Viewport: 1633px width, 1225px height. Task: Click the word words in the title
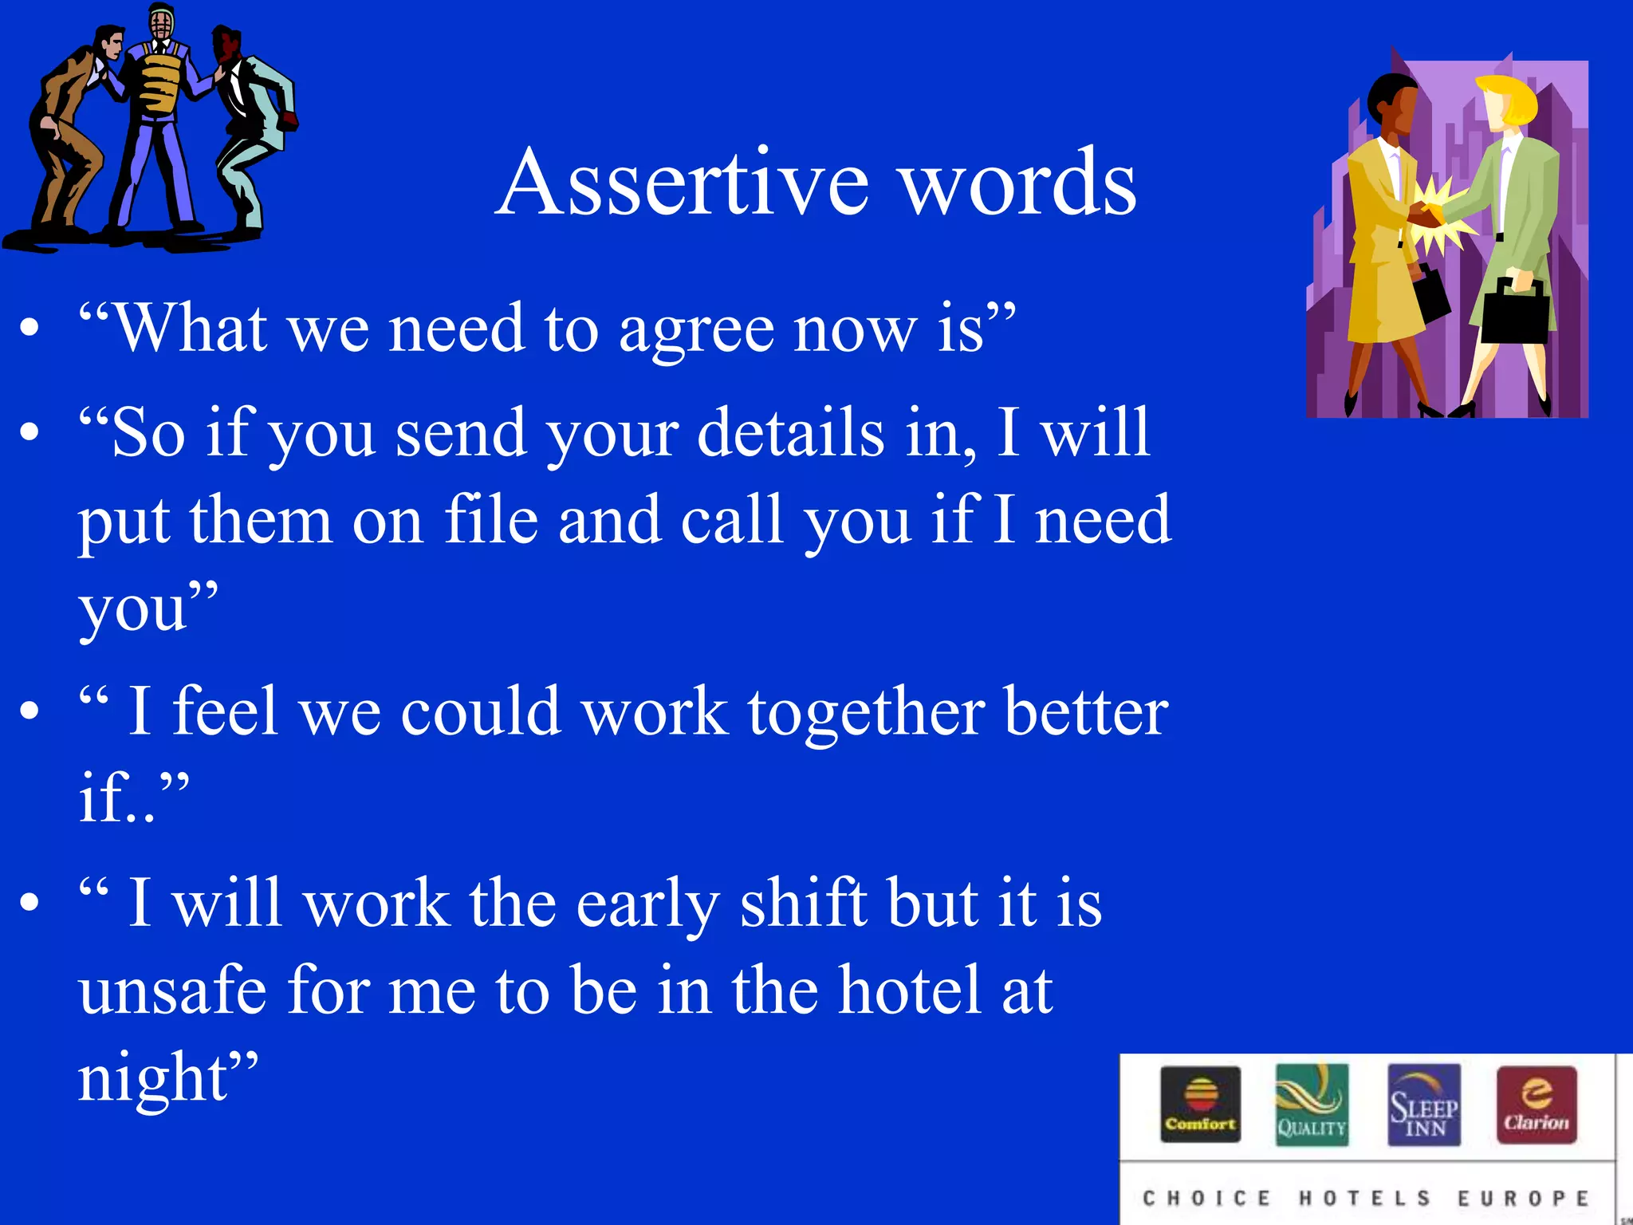coord(1018,183)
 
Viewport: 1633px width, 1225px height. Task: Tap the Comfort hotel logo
coord(1200,1105)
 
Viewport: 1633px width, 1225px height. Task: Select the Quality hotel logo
coord(1312,1105)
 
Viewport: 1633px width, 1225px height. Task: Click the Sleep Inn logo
coord(1424,1105)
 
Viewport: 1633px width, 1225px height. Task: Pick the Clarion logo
coord(1537,1105)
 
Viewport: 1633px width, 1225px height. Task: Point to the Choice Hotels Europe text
coord(1366,1199)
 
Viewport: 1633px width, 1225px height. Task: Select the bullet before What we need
coord(30,328)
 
